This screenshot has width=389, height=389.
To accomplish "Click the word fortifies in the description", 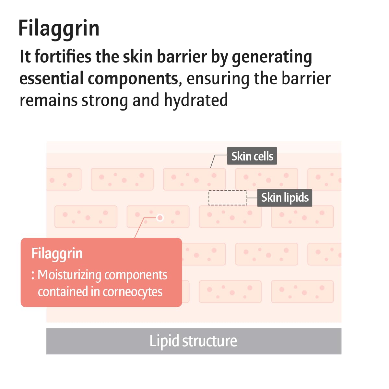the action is coord(63,56).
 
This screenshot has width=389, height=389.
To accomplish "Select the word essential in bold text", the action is coord(52,78).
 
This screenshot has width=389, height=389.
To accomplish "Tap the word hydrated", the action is coord(196,100).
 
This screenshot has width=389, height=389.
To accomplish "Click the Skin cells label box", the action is coord(252,156).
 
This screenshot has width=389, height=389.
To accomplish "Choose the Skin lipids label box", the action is coord(285,198).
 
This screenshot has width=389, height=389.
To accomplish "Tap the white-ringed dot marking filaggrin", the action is coord(160,218).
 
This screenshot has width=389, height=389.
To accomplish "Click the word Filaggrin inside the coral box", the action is coord(57,254).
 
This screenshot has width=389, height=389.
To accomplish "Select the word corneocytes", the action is coord(133,292).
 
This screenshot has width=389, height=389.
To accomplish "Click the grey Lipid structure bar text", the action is coord(193,341).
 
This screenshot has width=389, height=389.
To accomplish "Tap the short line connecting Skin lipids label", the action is coord(252,198).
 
